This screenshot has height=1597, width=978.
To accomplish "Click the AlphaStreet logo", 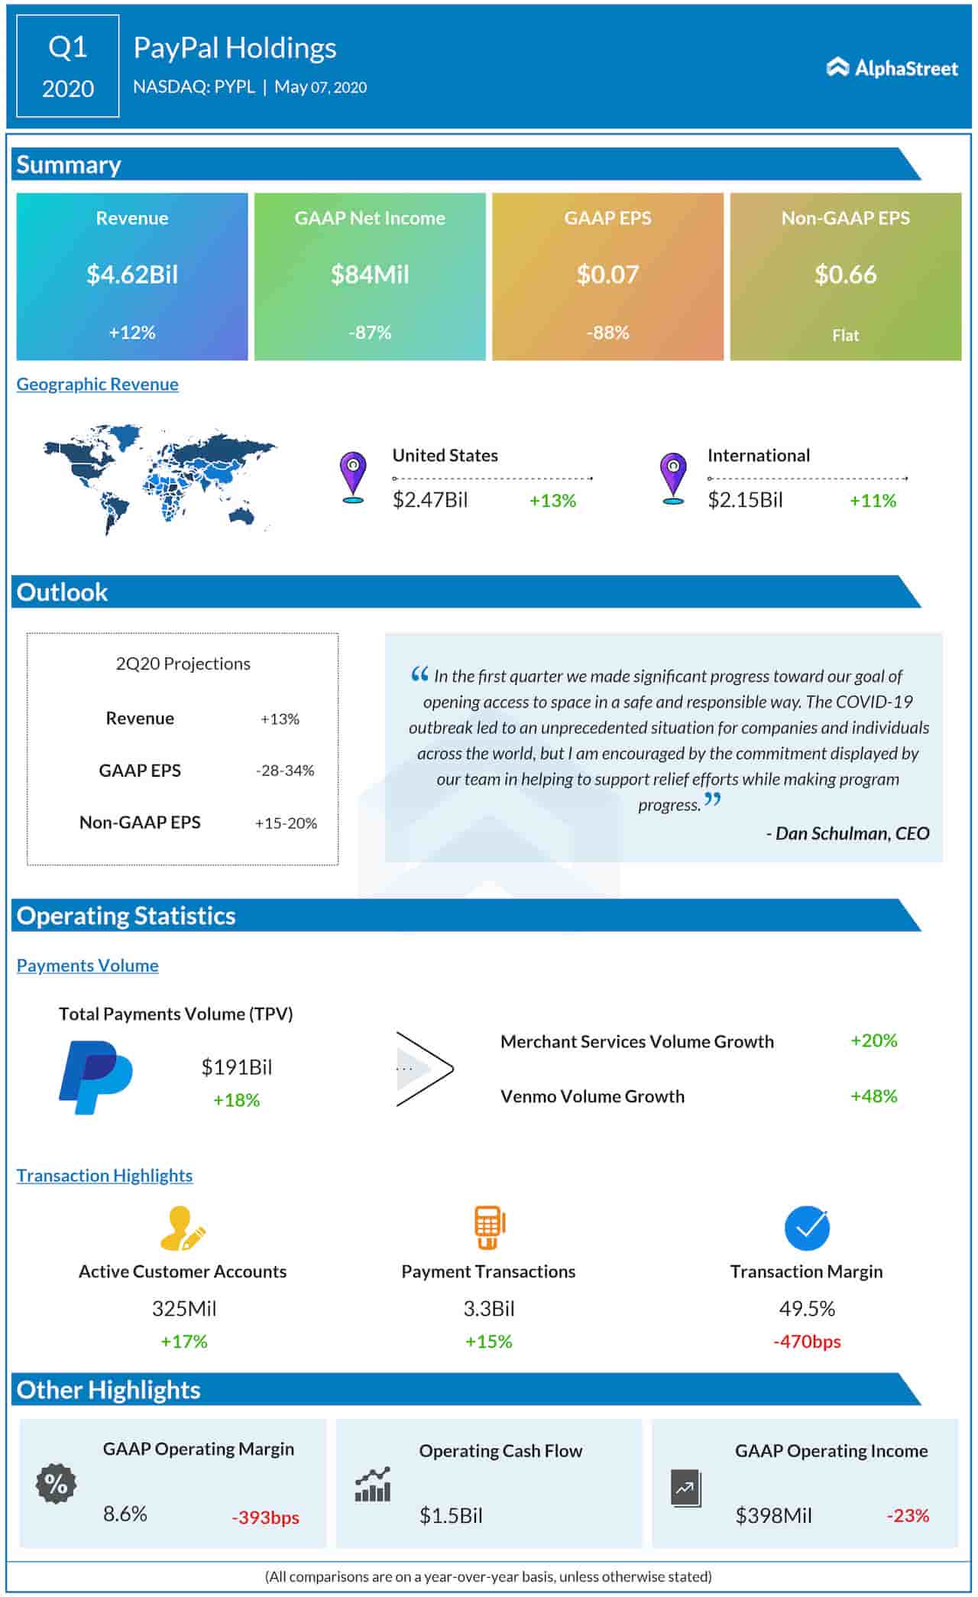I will point(892,68).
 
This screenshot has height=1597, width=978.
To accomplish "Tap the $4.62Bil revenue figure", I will point(132,274).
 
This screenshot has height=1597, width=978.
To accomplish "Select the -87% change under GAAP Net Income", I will point(370,333).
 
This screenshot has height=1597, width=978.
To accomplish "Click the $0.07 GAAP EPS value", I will point(607,274).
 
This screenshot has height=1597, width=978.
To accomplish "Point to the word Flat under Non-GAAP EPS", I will point(845,336).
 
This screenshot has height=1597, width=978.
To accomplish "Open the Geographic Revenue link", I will point(97,385).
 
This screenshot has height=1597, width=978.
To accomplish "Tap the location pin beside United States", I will point(352,477).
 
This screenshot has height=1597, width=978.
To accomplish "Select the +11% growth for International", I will point(873,501).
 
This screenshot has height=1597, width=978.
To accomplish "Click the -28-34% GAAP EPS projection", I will point(285,771).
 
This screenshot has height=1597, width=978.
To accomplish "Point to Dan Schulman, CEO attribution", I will point(847,833).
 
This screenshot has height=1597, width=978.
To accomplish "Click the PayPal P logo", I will point(96,1077).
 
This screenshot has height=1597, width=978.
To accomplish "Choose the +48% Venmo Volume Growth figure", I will point(873,1096).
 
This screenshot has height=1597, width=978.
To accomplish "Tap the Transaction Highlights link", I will point(105,1176).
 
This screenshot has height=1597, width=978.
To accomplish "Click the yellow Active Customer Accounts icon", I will point(183,1227).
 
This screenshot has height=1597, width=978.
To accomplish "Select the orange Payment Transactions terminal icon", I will point(489,1227).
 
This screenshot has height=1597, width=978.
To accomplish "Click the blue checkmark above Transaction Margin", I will point(807,1227).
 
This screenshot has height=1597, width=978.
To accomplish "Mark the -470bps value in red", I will point(807,1342).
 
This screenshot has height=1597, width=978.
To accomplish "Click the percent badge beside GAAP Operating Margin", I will point(56,1484).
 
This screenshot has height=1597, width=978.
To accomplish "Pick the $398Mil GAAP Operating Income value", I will point(773,1515).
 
